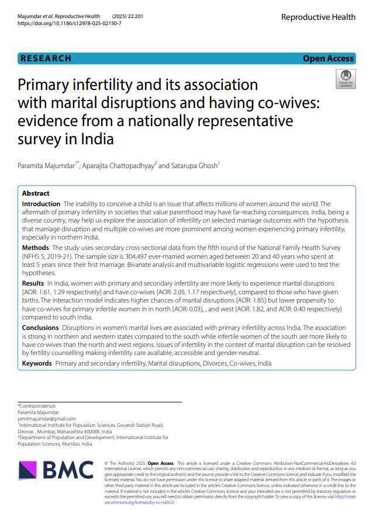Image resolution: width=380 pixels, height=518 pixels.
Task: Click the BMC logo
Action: tap(56, 470)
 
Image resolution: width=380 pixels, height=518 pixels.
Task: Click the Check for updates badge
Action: tap(345, 79)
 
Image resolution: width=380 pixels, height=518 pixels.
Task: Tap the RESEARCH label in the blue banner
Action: tap(46, 58)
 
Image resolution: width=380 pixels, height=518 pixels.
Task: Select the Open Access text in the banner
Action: tap(328, 58)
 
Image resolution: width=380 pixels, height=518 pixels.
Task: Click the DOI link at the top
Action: tap(70, 24)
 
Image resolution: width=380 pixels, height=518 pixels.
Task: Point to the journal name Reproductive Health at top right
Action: tap(318, 17)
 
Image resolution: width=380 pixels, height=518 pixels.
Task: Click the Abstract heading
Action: tap(36, 193)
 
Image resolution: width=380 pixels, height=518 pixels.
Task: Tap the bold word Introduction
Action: tap(41, 204)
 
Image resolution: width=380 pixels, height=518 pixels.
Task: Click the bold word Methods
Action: tap(35, 248)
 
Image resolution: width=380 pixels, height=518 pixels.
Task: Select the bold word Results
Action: tap(33, 283)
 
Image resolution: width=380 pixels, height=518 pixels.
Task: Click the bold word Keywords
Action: tap(37, 363)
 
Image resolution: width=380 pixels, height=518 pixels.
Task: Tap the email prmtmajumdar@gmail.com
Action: tap(47, 419)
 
